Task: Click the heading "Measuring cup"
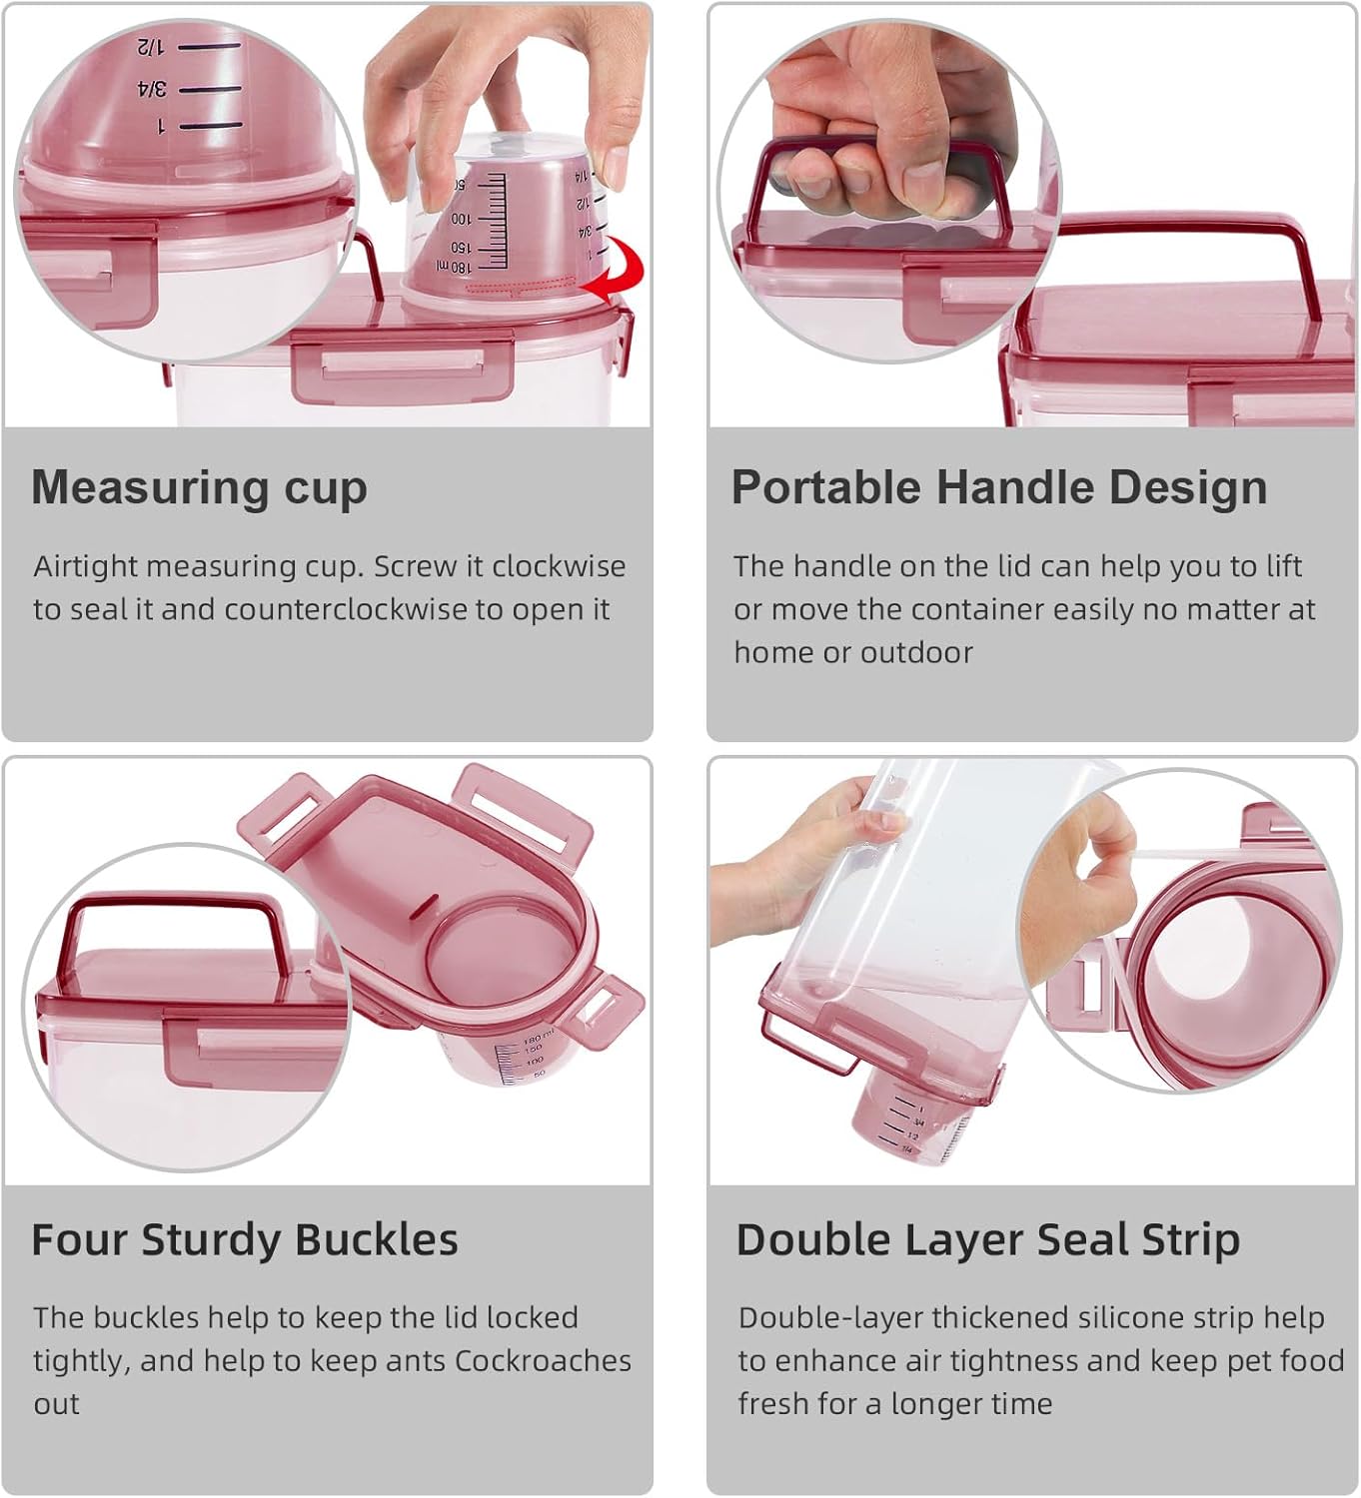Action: click(x=199, y=487)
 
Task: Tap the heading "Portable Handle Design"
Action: click(x=998, y=487)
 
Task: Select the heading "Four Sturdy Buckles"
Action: click(x=244, y=1239)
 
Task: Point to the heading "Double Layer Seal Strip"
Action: click(x=987, y=1239)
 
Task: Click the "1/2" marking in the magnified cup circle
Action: click(x=150, y=46)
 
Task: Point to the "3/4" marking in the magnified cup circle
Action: click(x=152, y=90)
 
